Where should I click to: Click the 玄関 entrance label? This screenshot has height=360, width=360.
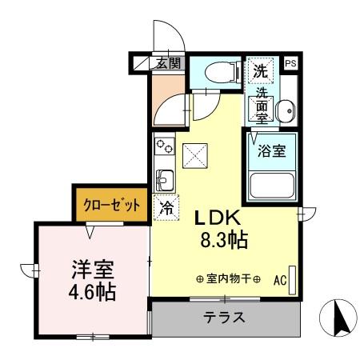(x=168, y=63)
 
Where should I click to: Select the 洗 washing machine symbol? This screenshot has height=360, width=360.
(x=260, y=70)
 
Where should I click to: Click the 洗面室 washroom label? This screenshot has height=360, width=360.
(x=262, y=105)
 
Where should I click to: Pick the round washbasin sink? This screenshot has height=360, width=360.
(x=283, y=110)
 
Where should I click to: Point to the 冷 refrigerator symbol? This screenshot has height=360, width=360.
(x=166, y=206)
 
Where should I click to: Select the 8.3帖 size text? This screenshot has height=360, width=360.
(x=222, y=239)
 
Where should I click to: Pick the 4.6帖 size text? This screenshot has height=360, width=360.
(x=90, y=290)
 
